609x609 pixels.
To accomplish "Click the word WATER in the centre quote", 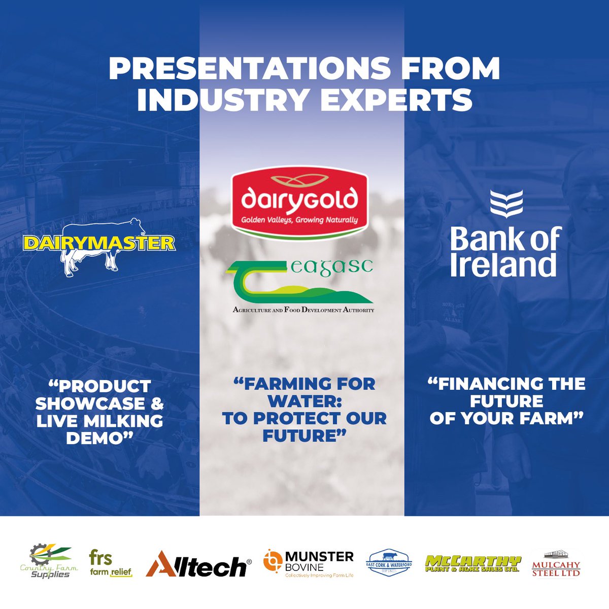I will pos(304,401).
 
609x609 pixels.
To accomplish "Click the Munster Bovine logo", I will pos(309,563).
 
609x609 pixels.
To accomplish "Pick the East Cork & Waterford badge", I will pos(389,563).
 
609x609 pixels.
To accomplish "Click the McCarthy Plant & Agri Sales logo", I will pos(473,563).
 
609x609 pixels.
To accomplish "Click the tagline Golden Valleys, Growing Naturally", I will pos(299,220).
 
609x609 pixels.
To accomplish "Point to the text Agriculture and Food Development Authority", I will pos(303,310).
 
